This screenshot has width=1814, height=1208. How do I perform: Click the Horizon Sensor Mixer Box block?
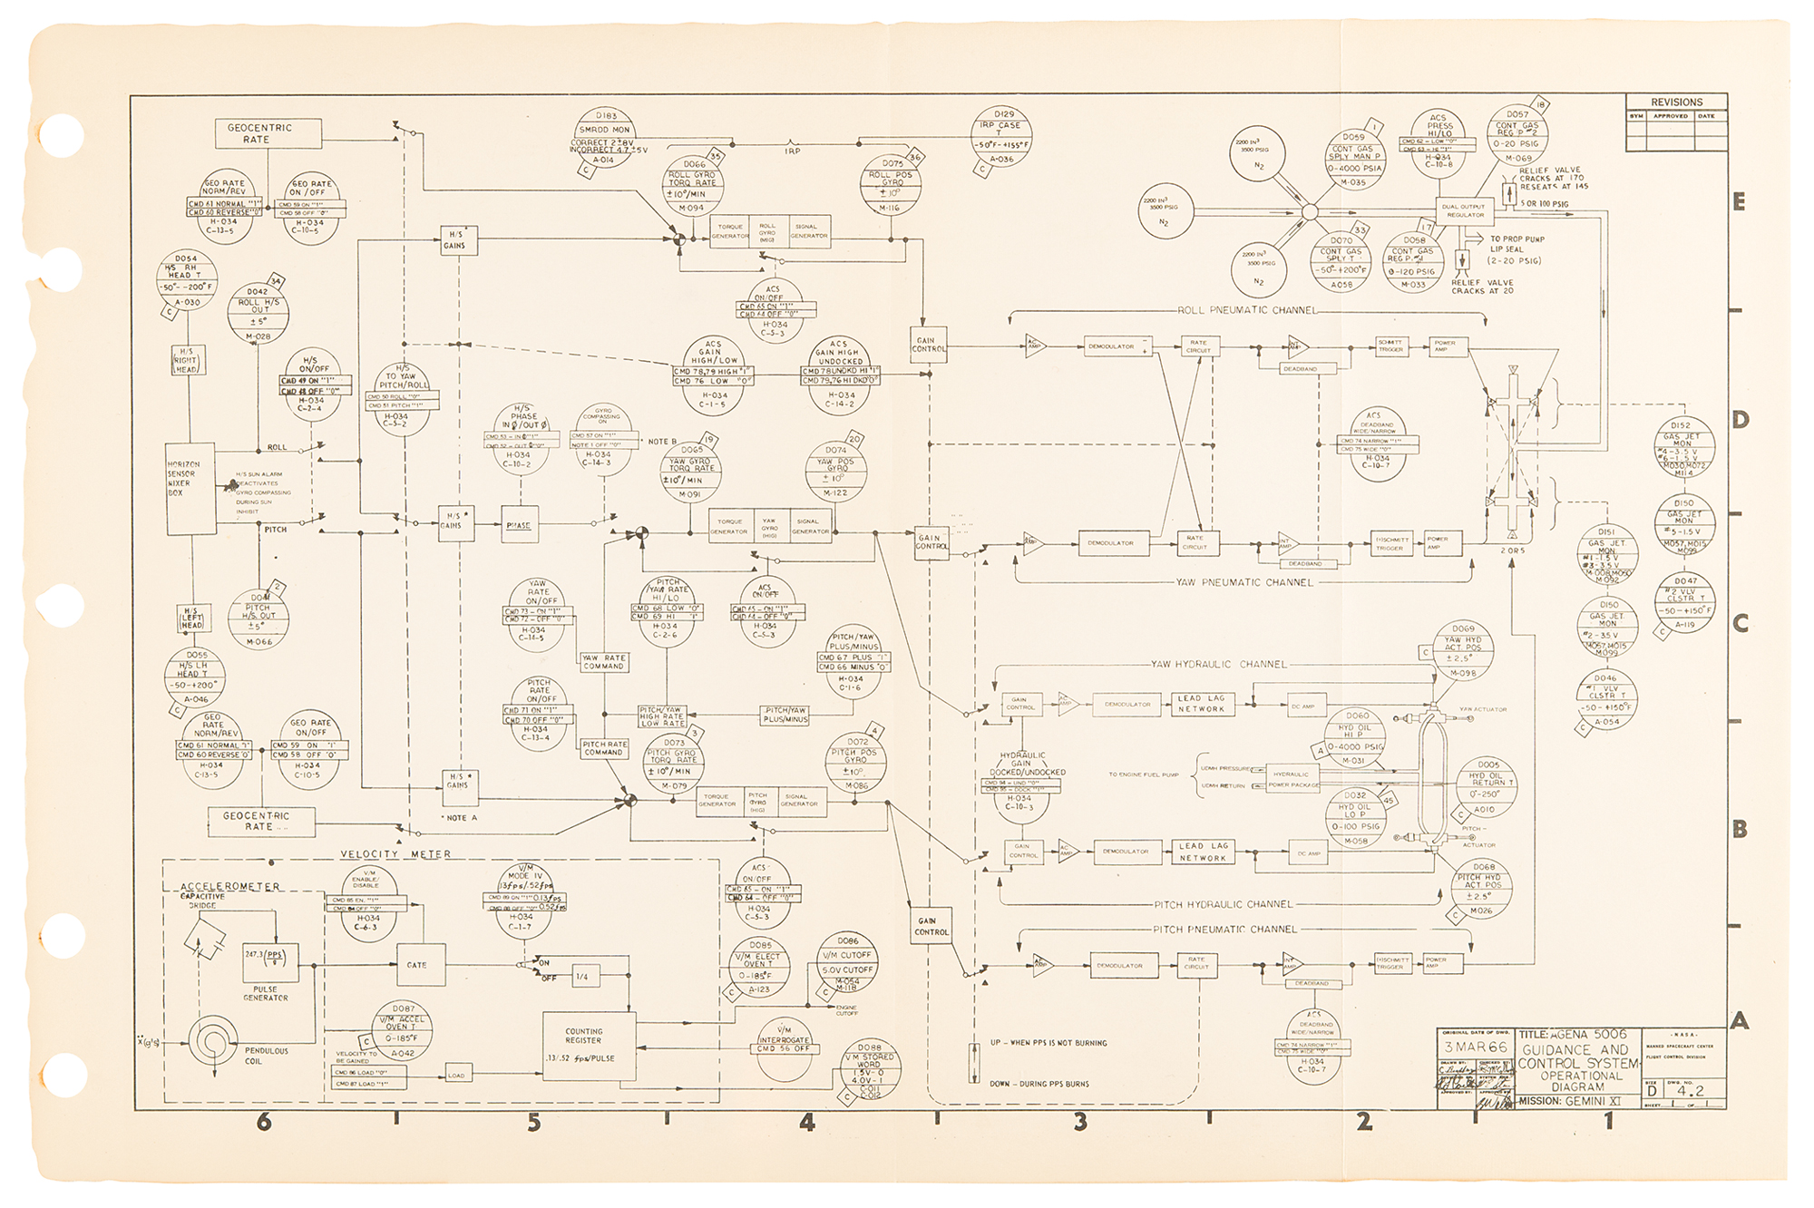pyautogui.click(x=190, y=488)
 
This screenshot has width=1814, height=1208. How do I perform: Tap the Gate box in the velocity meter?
pyautogui.click(x=418, y=965)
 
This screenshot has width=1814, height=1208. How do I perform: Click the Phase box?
pyautogui.click(x=520, y=525)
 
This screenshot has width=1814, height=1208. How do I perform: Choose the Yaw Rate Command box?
pyautogui.click(x=604, y=662)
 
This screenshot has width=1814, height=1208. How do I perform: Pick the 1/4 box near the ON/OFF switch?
pyautogui.click(x=582, y=977)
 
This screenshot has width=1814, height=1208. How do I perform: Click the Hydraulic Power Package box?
pyautogui.click(x=1292, y=779)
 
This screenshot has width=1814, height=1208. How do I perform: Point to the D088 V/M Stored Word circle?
pyautogui.click(x=869, y=1071)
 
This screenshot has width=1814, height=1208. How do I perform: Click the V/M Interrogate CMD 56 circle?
pyautogui.click(x=785, y=1047)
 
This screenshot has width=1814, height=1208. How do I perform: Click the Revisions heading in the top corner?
pyautogui.click(x=1676, y=102)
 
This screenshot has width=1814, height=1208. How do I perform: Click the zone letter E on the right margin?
pyautogui.click(x=1738, y=202)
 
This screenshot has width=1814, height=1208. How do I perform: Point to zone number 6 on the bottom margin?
pyautogui.click(x=264, y=1123)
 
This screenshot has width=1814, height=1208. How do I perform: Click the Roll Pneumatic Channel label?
pyautogui.click(x=1246, y=310)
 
